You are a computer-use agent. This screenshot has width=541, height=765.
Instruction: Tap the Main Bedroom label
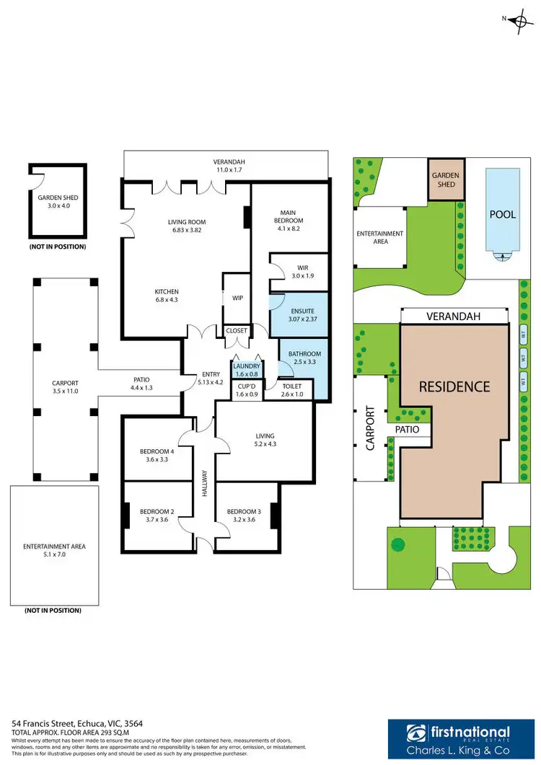click(x=291, y=216)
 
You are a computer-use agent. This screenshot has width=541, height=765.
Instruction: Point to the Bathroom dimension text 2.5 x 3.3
click(x=302, y=363)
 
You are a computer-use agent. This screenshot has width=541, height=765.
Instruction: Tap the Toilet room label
click(x=291, y=386)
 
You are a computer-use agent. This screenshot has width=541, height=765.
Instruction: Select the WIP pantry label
click(x=237, y=297)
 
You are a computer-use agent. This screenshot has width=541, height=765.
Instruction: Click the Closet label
click(x=237, y=331)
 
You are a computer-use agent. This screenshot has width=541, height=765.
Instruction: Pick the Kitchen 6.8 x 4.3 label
click(x=167, y=296)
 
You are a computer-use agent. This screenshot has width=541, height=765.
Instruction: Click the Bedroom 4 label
click(x=157, y=451)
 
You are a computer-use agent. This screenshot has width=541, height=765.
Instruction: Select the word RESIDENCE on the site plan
click(x=454, y=386)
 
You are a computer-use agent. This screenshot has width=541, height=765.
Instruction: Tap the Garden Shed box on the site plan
click(x=445, y=179)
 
